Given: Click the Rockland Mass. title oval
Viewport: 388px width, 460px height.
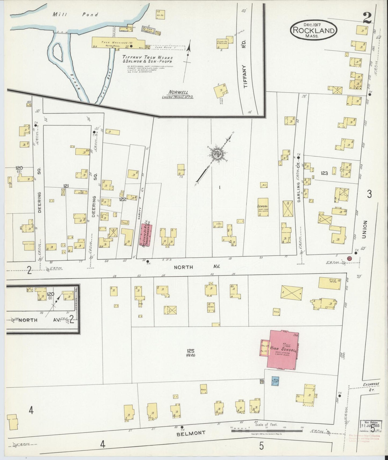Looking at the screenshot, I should coord(313,30).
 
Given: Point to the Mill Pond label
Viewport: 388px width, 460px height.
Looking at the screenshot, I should coord(75,15).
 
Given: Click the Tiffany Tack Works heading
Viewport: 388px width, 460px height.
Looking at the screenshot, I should coord(147,57).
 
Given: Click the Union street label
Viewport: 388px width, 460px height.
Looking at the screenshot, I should coord(364,230).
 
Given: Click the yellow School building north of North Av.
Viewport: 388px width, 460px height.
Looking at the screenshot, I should coord(263,207).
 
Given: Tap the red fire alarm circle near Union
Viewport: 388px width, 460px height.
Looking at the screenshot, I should coord(349,258).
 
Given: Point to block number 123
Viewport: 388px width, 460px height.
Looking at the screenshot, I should coord(324,173).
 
